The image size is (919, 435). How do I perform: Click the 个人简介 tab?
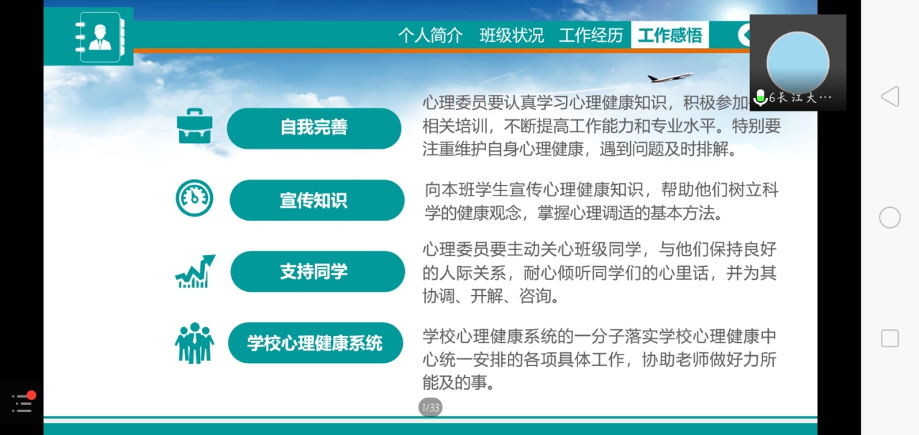coord(430,35)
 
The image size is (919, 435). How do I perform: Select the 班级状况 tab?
coord(511,35)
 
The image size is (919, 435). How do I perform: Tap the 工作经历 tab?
coord(590,35)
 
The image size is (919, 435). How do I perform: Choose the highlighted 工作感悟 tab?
coord(669,35)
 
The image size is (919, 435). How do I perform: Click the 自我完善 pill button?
coord(314,128)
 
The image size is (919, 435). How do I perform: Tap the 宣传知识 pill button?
coord(316,200)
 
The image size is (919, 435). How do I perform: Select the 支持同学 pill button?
coord(317,272)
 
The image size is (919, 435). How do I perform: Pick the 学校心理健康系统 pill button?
coord(315,343)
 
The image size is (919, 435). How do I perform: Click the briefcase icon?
coord(194,126)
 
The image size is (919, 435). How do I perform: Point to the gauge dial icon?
coord(194,198)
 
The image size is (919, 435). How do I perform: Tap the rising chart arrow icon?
coord(195,271)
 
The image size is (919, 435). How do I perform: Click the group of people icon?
coord(194,343)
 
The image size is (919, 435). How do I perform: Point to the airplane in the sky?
coord(669,77)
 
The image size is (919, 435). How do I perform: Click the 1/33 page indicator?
coord(430,408)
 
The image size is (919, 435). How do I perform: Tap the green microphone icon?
coord(760,97)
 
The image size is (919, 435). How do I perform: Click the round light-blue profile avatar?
coord(797,63)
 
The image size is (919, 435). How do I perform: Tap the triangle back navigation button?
coord(890,96)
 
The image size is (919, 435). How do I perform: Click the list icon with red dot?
coord(22,403)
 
